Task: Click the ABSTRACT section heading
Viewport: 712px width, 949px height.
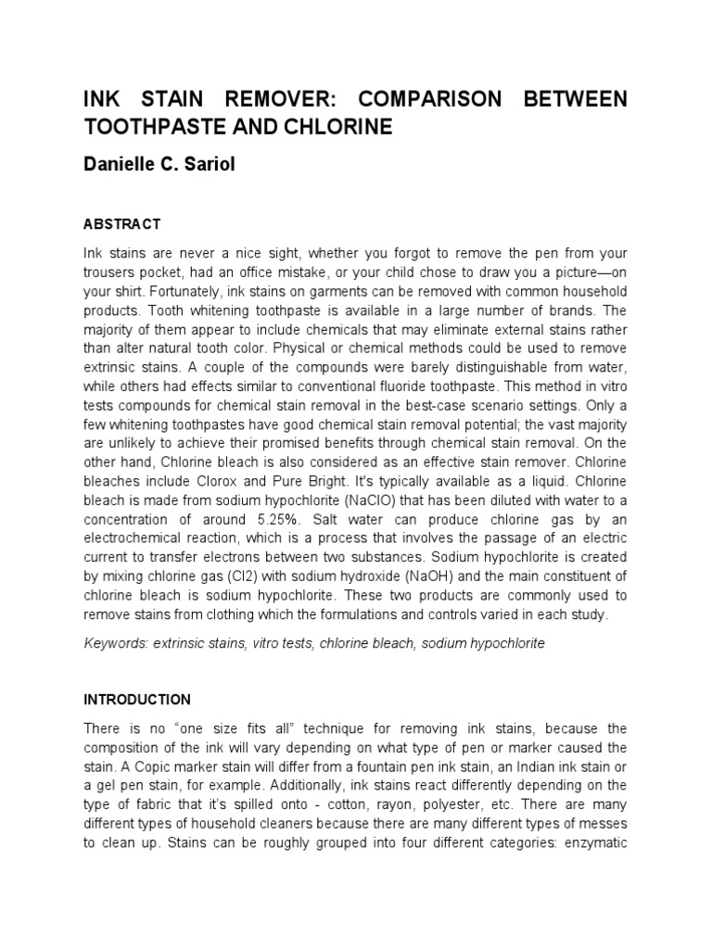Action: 121,224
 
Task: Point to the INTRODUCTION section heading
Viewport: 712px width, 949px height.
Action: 136,700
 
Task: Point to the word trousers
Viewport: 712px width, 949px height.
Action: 113,271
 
